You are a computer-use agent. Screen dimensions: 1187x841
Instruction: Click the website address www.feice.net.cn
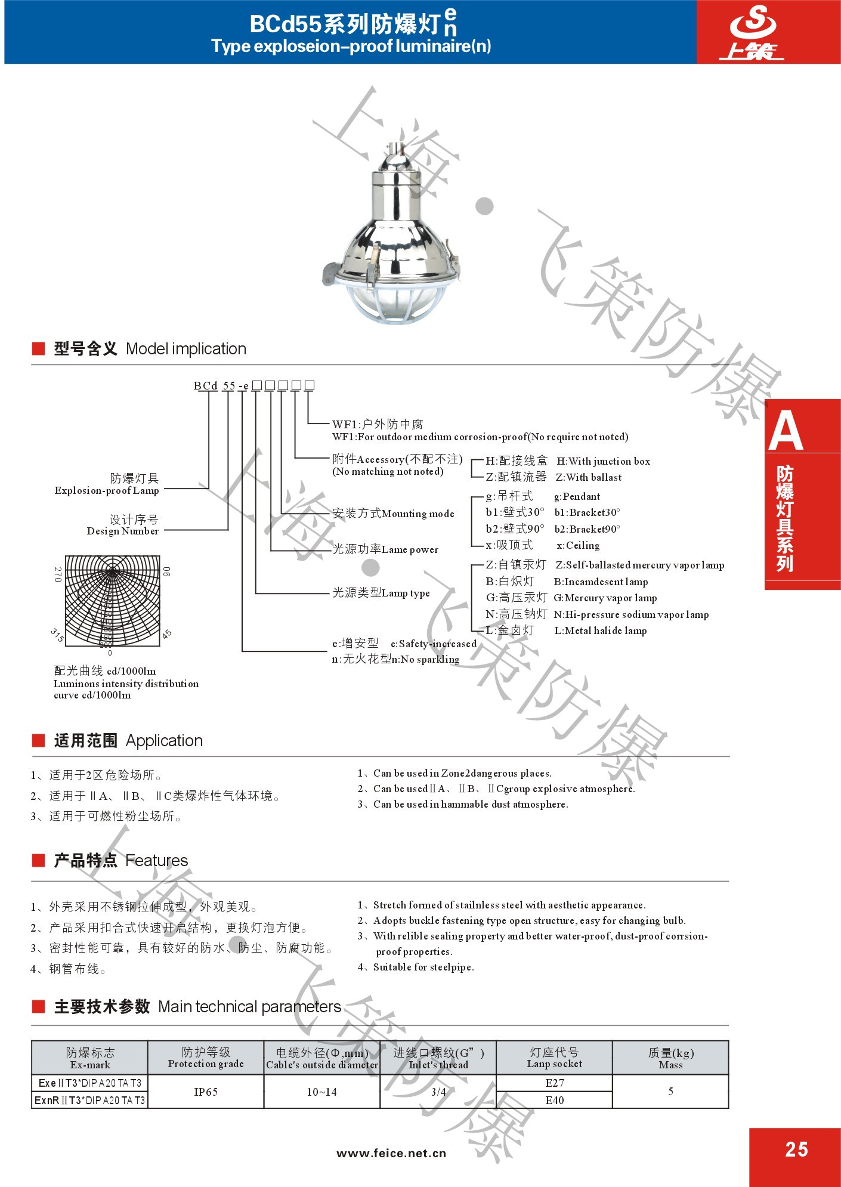(391, 1153)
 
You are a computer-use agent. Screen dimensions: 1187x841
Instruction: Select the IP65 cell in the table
(206, 1092)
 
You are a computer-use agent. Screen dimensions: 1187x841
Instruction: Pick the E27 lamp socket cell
(554, 1083)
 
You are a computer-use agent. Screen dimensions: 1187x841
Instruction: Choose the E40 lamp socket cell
(554, 1100)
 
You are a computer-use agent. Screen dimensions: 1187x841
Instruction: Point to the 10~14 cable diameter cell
(321, 1092)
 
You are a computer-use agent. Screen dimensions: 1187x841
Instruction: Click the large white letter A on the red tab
(786, 431)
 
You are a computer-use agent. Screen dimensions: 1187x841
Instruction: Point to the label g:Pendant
(577, 496)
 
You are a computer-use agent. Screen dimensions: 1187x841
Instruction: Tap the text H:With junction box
(603, 461)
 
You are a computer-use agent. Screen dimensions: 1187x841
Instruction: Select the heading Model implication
(185, 349)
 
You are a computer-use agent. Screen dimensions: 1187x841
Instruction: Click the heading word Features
(156, 860)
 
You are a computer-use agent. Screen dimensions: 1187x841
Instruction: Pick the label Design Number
(123, 531)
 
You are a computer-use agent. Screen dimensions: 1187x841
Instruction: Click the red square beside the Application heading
(39, 741)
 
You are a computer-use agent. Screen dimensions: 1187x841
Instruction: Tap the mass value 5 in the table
(670, 1091)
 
